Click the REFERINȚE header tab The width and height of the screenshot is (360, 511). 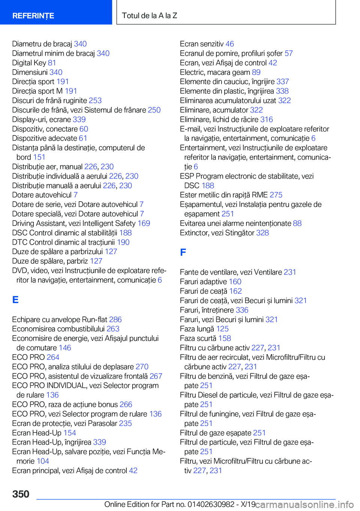[33, 16]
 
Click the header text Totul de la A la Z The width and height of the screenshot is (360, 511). [150, 16]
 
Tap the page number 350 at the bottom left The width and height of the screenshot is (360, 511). [21, 494]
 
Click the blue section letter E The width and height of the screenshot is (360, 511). [15, 300]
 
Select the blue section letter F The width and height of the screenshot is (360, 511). [183, 252]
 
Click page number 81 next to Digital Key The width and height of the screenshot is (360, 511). [52, 63]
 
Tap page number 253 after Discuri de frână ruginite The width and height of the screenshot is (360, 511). [95, 101]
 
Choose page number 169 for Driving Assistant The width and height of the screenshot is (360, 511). [144, 223]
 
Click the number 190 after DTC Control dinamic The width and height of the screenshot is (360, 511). [123, 242]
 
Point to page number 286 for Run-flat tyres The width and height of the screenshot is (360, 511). [115, 320]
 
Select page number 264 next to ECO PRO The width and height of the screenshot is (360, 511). [53, 357]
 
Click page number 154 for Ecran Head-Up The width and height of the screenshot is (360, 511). [70, 433]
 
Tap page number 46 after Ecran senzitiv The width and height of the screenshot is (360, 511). [229, 44]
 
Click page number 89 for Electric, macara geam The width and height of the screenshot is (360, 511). [256, 72]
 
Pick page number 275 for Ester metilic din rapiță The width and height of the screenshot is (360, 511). [276, 195]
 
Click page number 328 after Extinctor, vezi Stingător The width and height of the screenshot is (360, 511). [262, 233]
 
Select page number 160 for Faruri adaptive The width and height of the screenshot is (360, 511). [235, 281]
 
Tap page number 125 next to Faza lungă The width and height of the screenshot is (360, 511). [222, 329]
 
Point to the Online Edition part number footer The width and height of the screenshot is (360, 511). [180, 504]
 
